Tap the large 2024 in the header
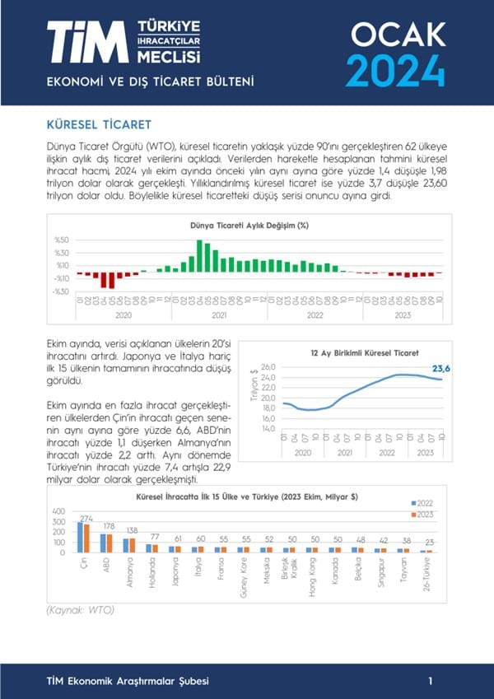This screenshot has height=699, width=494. pos(396,69)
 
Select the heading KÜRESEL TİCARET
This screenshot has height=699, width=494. pos(100,125)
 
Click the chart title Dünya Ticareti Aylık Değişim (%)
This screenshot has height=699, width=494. pos(249,225)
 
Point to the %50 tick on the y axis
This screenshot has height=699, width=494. pos(62,240)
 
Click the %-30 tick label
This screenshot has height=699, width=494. pos(61,291)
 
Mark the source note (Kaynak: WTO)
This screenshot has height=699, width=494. pos(79,610)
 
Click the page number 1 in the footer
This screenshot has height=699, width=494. pos(431,681)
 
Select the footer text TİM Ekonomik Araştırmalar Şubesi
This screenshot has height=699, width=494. pos(128,681)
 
